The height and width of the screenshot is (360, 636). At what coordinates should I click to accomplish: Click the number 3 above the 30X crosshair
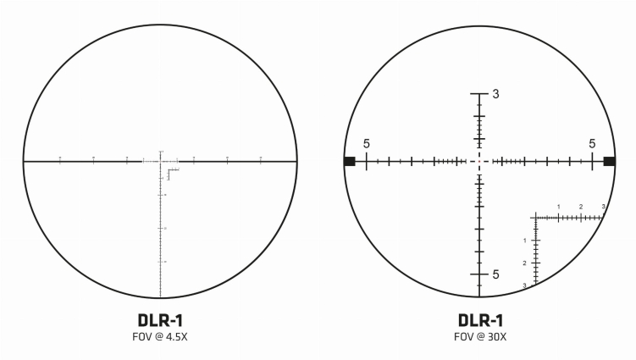(495, 95)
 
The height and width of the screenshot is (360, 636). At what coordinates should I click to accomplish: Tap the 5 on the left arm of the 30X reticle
(367, 144)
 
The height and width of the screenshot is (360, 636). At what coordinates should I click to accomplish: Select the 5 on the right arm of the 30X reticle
(593, 144)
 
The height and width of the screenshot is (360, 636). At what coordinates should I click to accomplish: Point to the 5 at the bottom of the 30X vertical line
(495, 274)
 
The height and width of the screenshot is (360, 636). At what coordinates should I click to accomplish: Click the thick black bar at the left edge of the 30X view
(349, 161)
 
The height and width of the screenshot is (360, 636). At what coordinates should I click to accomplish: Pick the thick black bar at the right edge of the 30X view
(609, 161)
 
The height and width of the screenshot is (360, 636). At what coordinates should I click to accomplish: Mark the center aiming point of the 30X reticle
(479, 161)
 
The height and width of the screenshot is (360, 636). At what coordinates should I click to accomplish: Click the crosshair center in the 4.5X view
(160, 161)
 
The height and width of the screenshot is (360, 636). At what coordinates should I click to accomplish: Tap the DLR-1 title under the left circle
(160, 320)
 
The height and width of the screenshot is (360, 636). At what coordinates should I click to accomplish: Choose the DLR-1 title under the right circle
(479, 320)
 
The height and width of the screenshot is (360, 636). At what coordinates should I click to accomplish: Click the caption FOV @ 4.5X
(160, 337)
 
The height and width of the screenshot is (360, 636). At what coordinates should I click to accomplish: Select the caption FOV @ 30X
(479, 337)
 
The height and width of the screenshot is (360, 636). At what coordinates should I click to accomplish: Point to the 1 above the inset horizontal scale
(559, 207)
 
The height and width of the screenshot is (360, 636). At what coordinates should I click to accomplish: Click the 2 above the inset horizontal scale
(581, 207)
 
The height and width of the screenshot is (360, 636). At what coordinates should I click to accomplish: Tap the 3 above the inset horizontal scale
(603, 207)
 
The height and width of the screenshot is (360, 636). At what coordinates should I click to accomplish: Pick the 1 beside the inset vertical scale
(525, 241)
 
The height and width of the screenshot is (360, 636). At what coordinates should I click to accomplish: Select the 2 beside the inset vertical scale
(525, 263)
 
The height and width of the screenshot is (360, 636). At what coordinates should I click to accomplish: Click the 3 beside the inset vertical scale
(525, 285)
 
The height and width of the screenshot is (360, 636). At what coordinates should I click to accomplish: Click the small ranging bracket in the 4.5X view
(172, 173)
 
